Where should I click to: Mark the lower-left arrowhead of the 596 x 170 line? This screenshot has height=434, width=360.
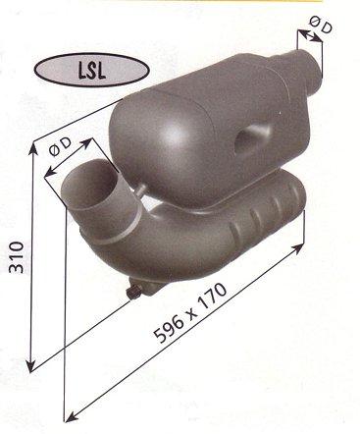67,405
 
